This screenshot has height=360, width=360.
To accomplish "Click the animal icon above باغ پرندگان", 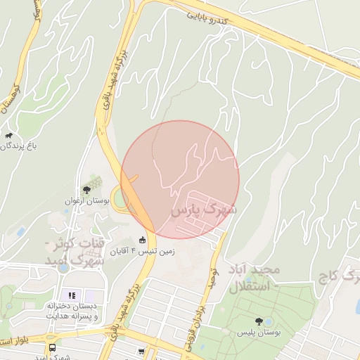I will point(9,136).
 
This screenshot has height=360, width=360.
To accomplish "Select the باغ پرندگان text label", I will point(17,146).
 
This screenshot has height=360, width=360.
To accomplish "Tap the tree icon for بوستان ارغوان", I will point(86,189).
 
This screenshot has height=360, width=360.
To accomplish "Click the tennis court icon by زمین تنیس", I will point(143,240).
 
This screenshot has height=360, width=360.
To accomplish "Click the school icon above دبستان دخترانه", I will point(70,295).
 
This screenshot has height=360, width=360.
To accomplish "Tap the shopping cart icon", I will point(142,351).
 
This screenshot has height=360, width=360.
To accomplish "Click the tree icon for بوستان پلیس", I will point(259,321).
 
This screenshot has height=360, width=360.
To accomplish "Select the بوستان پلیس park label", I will point(259,332).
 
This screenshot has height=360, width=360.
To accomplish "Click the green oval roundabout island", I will point(120,198).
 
